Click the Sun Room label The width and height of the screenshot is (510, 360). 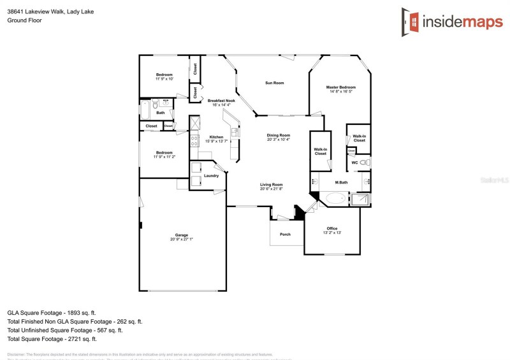click(275, 83)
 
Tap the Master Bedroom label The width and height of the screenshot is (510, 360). click(341, 87)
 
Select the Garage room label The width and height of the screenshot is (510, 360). click(182, 235)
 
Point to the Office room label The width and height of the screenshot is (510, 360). click(332, 228)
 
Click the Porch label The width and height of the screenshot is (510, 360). click(285, 234)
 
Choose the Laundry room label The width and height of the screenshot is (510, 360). click(212, 175)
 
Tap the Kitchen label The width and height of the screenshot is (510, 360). click(217, 137)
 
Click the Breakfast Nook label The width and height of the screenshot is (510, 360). click(221, 101)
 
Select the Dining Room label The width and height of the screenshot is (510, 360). click(279, 135)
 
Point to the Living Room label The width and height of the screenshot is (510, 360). click(272, 185)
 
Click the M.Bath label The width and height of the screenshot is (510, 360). click(342, 183)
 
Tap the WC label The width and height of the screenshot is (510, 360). click(354, 162)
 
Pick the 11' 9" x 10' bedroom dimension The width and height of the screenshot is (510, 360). click(164, 79)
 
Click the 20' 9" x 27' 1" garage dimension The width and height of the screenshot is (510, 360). click(182, 240)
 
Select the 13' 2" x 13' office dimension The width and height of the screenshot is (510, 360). click(332, 233)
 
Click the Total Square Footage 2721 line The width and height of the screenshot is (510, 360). click(51, 339)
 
